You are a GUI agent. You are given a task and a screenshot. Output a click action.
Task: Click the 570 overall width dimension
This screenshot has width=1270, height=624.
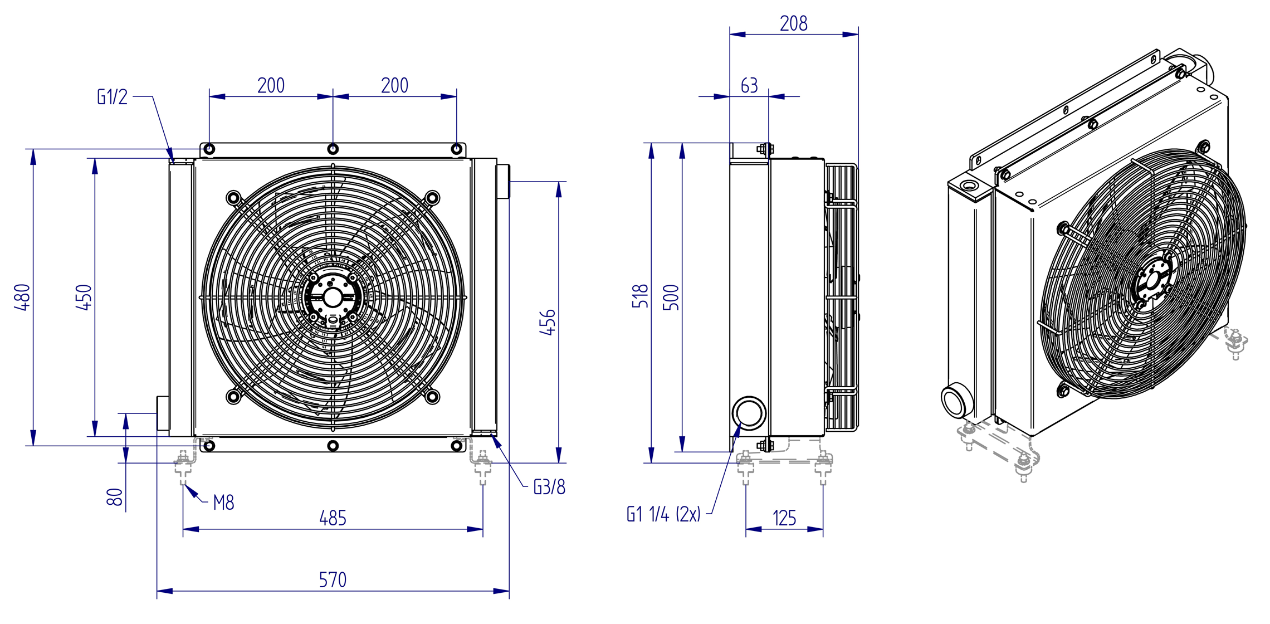point(333,580)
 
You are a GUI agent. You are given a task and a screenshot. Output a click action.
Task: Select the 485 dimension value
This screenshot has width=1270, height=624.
point(333,518)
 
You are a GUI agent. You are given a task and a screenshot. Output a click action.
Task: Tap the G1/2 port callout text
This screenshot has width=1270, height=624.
point(113,96)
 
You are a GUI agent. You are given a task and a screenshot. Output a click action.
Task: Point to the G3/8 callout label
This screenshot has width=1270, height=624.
point(549,487)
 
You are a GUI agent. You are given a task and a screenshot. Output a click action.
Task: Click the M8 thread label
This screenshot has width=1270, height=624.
point(223,503)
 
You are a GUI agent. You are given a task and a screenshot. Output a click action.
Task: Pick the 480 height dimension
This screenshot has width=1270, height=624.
point(22,297)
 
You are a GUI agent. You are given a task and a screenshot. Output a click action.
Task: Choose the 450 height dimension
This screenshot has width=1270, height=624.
point(84,297)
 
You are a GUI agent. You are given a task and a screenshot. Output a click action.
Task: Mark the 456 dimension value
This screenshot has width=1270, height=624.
point(548,322)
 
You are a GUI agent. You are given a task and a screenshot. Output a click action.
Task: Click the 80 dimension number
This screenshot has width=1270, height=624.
point(114,497)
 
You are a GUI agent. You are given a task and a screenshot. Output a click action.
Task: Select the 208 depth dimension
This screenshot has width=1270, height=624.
point(794,23)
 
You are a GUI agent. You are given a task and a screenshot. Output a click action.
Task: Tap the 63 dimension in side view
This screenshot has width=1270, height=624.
point(749,85)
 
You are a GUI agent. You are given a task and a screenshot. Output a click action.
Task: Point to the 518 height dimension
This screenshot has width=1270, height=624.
point(641,296)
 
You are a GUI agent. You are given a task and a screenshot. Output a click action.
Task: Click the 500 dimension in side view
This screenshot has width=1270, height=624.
point(672,297)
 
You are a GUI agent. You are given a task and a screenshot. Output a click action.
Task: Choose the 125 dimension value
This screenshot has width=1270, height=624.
point(784,518)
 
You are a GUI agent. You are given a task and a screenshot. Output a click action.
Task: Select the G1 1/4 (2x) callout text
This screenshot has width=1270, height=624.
point(663,514)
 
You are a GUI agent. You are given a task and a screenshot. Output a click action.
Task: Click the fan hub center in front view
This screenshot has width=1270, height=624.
point(333,298)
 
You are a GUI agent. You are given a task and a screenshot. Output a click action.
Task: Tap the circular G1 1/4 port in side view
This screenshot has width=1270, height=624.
point(749,413)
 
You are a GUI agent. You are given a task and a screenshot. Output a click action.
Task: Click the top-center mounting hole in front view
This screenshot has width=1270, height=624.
point(333,149)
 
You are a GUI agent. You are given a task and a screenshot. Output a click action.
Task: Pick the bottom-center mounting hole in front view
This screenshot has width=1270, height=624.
point(333,446)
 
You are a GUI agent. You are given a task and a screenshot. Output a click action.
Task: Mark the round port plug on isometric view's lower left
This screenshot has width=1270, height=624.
point(956,399)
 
